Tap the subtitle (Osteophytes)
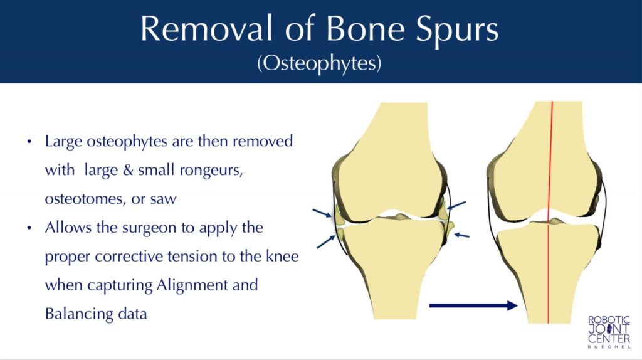(320, 65)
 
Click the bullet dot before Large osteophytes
(29, 142)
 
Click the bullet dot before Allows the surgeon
(29, 228)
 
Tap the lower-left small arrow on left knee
(325, 241)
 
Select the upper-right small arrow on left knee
(456, 206)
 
